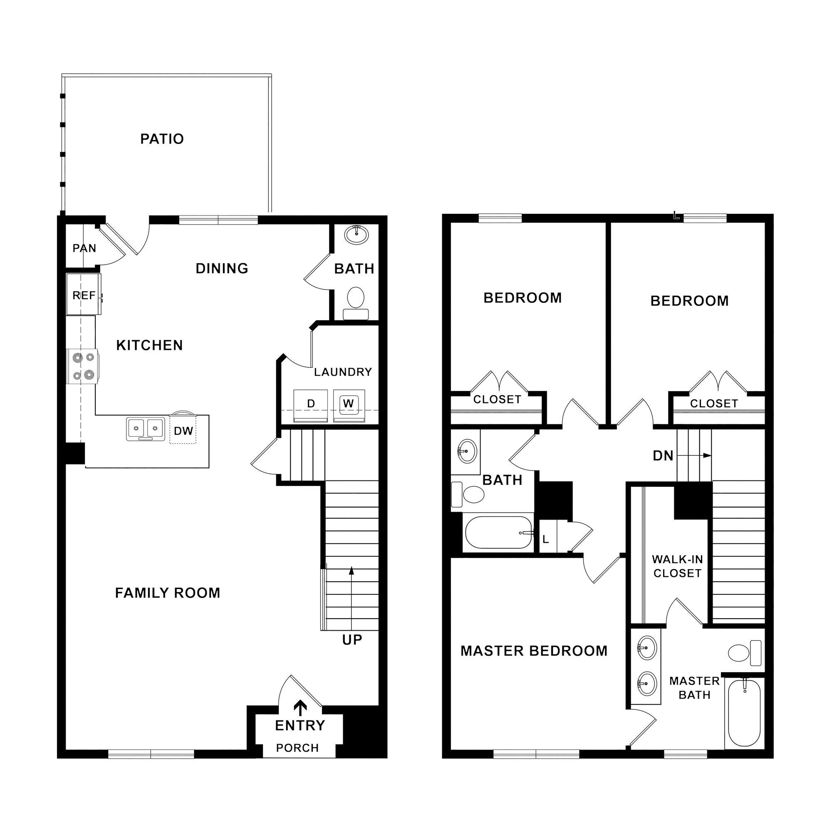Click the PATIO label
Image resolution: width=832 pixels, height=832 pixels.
tap(162, 139)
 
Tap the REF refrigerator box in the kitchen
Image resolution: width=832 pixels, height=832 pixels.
tap(84, 295)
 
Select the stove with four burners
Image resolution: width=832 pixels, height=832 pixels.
tap(83, 366)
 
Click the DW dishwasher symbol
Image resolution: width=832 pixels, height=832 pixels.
tap(183, 431)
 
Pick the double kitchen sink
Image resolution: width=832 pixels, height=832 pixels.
tap(146, 429)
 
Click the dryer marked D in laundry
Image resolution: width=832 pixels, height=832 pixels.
tap(310, 405)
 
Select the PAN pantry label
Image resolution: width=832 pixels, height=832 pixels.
tap(84, 248)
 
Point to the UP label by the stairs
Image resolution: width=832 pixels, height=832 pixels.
tap(352, 640)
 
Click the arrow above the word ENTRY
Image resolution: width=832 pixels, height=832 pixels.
tap(300, 708)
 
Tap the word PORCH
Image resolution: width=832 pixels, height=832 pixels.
tap(297, 748)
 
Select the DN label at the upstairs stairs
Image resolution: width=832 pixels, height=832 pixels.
tap(663, 456)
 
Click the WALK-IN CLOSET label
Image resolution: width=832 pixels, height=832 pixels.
tap(677, 566)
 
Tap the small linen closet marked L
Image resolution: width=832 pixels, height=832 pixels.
tap(546, 540)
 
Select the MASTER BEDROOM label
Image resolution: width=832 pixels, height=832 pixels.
tap(534, 651)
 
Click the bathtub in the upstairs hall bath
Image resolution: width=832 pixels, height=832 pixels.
tap(499, 533)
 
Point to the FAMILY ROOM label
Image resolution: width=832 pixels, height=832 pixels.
tap(168, 593)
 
